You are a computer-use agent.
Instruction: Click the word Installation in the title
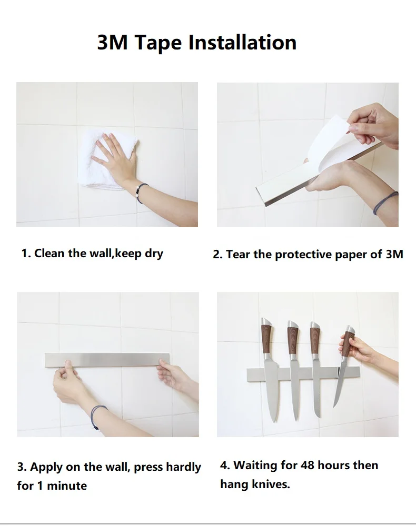[x=242, y=43]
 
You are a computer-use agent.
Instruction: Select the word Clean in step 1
[x=49, y=254]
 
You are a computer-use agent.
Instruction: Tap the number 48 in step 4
[x=307, y=466]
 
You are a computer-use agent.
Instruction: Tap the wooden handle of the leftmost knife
[x=266, y=338]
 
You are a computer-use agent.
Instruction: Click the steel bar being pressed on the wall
[x=107, y=359]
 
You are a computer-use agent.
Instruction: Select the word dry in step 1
[x=154, y=254]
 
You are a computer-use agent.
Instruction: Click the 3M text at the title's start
[x=113, y=43]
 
